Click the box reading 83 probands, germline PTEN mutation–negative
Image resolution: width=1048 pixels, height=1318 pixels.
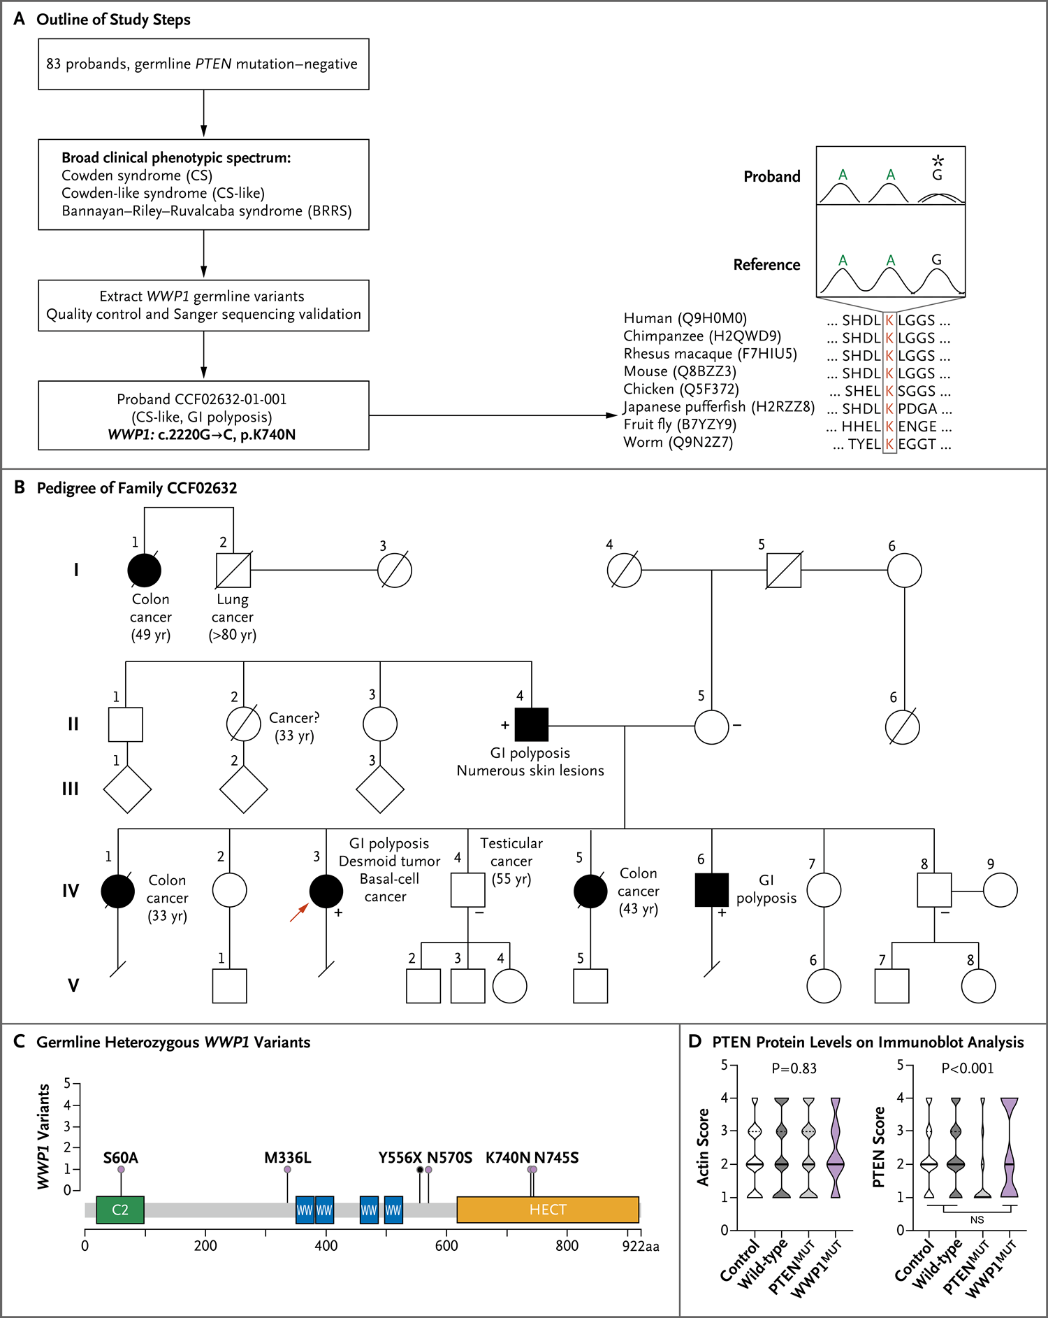pos(203,64)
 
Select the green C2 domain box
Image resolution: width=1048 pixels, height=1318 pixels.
pos(120,1210)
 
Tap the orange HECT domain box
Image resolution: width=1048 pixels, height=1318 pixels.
pos(548,1210)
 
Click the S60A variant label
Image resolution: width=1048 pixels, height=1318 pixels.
pos(120,1158)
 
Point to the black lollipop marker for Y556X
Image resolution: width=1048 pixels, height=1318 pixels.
pos(420,1170)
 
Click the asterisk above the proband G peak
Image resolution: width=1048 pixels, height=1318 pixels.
pos(938,161)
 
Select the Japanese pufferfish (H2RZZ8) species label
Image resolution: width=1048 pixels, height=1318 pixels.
pos(719,407)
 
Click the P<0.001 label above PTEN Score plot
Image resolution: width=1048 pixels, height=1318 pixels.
pos(967,1068)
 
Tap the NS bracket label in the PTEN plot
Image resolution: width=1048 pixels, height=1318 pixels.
pos(977,1220)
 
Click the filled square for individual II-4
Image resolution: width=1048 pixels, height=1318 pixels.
pos(532,724)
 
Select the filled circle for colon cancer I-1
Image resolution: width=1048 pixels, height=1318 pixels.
pos(145,571)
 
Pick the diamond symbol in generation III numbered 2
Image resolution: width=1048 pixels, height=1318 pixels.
pos(244,789)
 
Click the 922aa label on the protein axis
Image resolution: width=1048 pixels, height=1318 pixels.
pos(641,1246)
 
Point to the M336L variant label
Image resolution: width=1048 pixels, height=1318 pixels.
pos(287,1158)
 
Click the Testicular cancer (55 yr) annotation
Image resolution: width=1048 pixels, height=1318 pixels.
pos(511,861)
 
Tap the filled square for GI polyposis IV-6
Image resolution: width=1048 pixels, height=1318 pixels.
pos(712,890)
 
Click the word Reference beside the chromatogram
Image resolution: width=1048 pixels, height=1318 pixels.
pos(766,265)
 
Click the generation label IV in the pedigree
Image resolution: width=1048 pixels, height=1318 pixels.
pos(71,891)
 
